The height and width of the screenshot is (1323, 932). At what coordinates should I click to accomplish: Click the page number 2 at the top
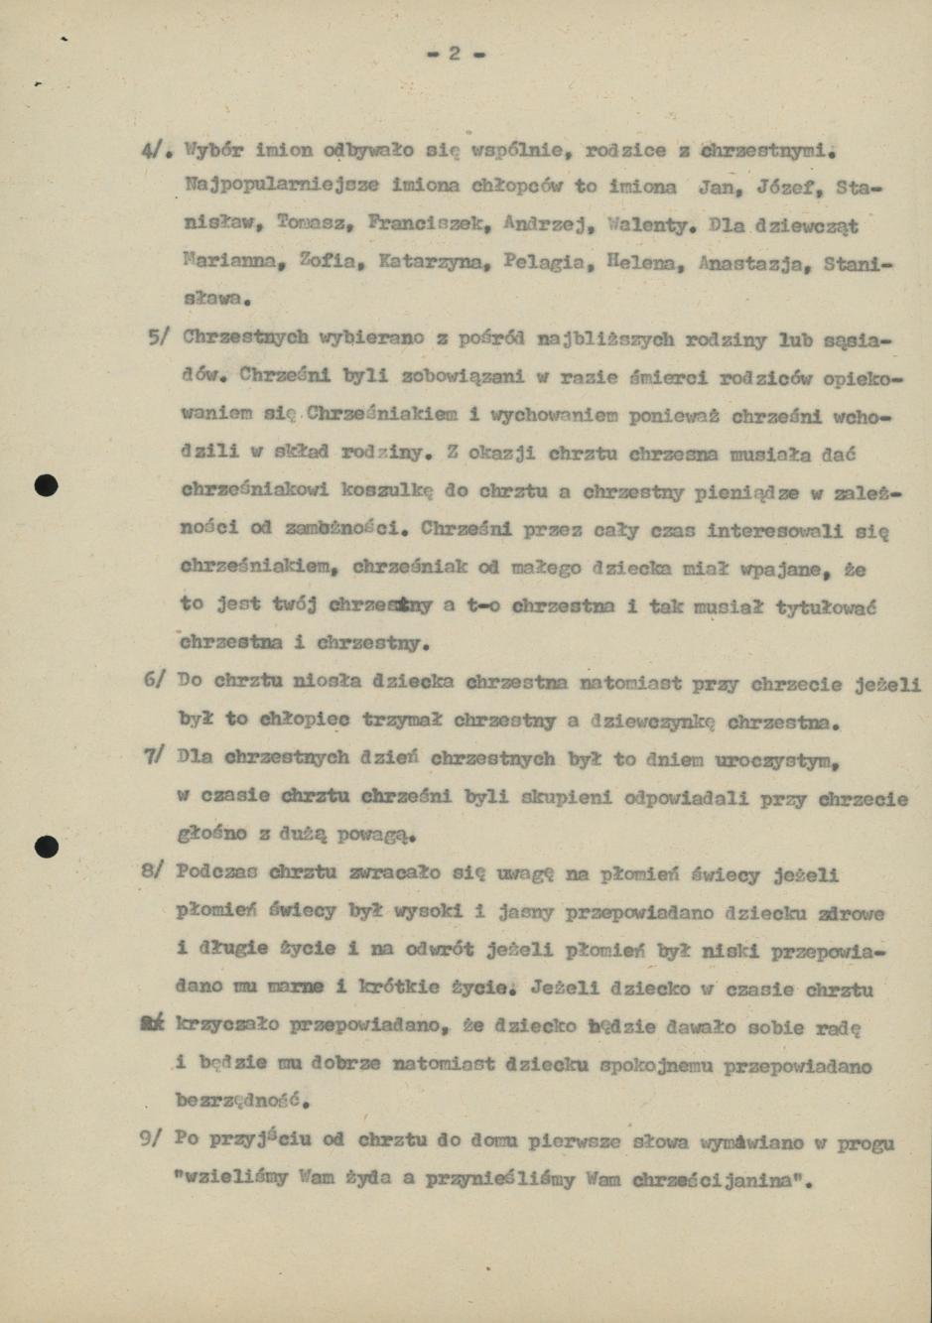[x=455, y=54]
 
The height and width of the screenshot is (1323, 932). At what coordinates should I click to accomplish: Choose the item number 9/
[x=151, y=1139]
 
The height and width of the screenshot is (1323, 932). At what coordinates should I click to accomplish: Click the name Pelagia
[x=534, y=264]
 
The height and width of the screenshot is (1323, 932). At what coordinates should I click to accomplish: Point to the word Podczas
[x=216, y=872]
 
